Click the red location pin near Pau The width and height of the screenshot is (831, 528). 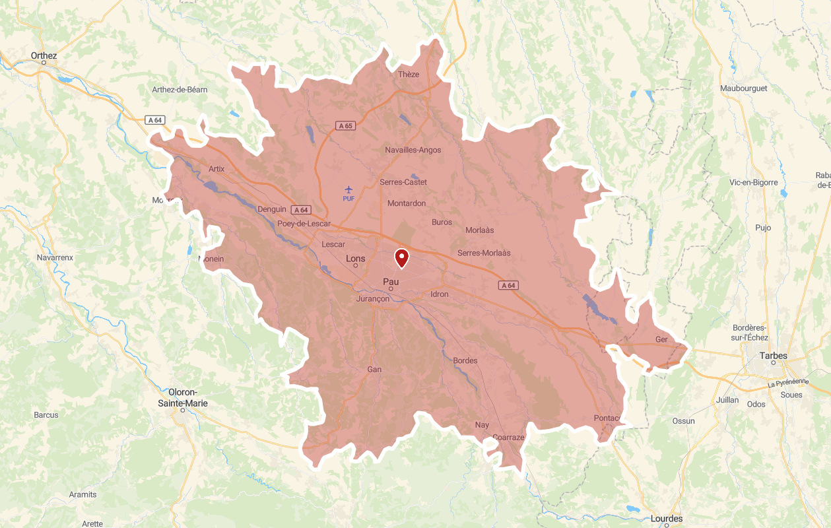(401, 257)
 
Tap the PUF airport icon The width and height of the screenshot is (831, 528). (349, 190)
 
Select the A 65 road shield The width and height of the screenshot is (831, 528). (345, 125)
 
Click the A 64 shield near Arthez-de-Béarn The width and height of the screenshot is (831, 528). (155, 120)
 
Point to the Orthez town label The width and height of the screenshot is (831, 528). (44, 55)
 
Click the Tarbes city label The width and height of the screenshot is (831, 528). (774, 356)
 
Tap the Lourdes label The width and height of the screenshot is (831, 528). (667, 519)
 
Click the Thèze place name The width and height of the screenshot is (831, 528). (409, 74)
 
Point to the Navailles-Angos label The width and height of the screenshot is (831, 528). (413, 150)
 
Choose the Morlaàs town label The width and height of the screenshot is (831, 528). (480, 230)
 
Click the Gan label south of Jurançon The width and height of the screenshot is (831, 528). (374, 369)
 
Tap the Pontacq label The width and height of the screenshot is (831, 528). (607, 418)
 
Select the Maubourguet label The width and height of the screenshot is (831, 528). (744, 88)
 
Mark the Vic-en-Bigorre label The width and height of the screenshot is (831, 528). (754, 182)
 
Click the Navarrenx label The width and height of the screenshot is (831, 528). (55, 257)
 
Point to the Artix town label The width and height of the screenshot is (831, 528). (216, 168)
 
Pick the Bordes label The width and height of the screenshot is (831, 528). (465, 360)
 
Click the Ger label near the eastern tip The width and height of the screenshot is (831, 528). (661, 339)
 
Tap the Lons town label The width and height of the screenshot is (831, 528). (356, 258)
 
